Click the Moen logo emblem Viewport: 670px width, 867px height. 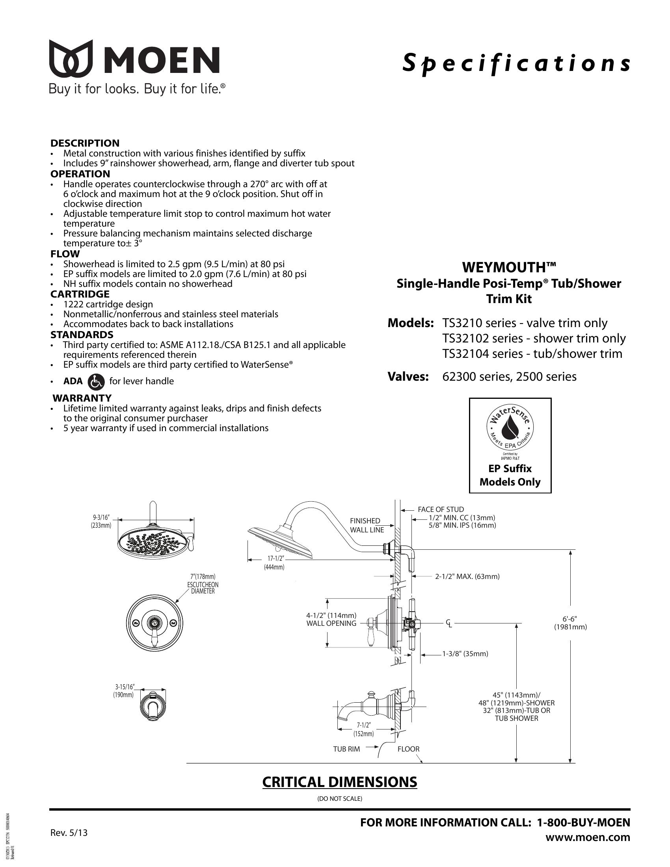(x=71, y=58)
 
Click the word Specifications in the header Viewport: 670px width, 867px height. (x=516, y=63)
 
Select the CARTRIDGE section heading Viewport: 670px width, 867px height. (x=80, y=294)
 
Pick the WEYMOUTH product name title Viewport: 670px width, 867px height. (x=509, y=268)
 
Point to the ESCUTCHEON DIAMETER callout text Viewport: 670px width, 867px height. (x=203, y=588)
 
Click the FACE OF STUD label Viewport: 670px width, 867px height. (x=441, y=509)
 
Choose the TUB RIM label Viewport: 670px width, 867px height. (x=346, y=749)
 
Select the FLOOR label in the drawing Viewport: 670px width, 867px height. (x=408, y=749)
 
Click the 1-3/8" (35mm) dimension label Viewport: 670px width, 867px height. (x=465, y=654)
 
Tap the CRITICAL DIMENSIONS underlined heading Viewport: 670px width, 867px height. (x=339, y=781)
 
